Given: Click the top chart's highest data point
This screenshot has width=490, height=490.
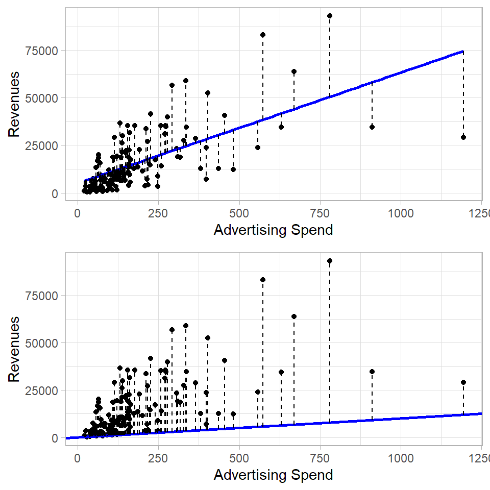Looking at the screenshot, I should tap(330, 16).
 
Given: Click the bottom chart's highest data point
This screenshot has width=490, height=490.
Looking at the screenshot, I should tap(330, 261).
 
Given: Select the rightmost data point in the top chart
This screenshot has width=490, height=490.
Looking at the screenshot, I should tap(463, 137).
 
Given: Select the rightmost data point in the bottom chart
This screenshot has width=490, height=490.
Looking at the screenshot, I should tap(463, 382).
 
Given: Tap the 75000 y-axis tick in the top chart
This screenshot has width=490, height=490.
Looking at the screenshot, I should tap(44, 51).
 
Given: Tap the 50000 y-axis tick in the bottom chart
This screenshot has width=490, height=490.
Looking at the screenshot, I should tap(44, 343).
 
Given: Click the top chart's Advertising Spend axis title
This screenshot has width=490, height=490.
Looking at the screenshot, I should tap(273, 230).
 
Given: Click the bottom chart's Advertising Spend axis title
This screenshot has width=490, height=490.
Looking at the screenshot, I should tap(273, 475).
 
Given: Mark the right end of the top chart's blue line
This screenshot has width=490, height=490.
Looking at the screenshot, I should tap(463, 51).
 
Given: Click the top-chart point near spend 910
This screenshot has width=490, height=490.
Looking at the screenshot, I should tap(372, 127).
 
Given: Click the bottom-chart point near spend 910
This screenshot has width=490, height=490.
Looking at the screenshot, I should tap(372, 372).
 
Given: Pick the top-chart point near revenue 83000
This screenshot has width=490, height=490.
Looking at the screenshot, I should tap(263, 35).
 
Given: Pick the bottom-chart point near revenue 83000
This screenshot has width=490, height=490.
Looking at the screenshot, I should tap(263, 280).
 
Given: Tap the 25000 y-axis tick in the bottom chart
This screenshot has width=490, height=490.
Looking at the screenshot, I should tap(44, 390).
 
